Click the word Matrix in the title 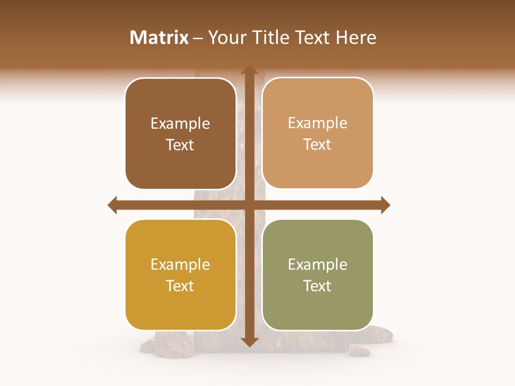tap(159, 38)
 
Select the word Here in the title tap(356, 38)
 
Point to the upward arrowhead tap(249, 70)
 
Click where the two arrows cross tap(249, 205)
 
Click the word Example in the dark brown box tap(180, 124)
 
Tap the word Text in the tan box tap(318, 145)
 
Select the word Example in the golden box tap(180, 265)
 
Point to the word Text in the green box tap(318, 286)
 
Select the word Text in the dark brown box tap(180, 145)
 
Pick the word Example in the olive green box tap(318, 265)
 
